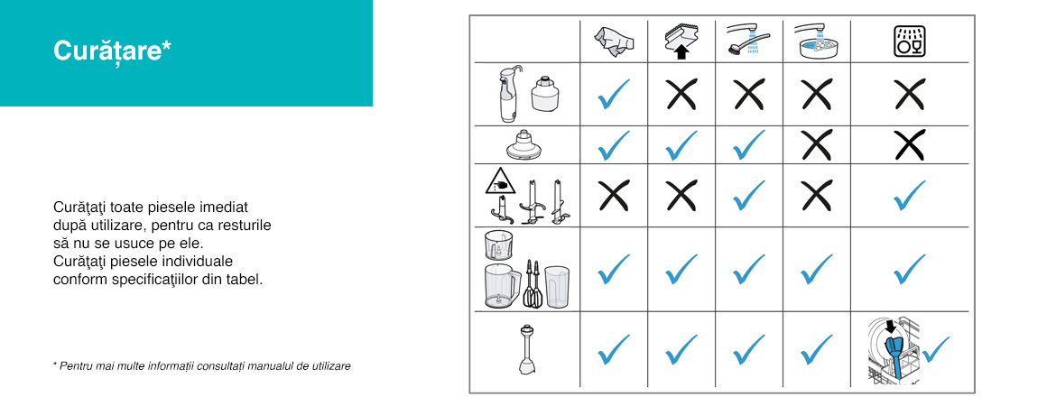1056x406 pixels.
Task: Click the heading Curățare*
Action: tap(112, 51)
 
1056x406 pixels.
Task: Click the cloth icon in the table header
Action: tap(615, 42)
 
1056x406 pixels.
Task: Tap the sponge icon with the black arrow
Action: tap(681, 42)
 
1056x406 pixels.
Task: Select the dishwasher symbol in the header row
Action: tap(909, 42)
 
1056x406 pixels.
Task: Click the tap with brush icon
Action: tap(748, 40)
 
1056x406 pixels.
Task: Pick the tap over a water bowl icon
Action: tap(816, 40)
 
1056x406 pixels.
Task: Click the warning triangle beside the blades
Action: tap(500, 181)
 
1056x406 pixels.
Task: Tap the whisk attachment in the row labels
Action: tap(533, 283)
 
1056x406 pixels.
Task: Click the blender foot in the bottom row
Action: tap(527, 349)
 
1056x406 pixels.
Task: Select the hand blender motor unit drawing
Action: tap(507, 93)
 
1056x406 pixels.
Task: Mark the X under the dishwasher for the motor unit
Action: tap(909, 94)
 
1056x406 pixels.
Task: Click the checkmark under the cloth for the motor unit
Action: tap(614, 94)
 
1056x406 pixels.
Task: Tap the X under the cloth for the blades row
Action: tap(614, 196)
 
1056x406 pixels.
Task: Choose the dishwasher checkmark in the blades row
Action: tap(909, 196)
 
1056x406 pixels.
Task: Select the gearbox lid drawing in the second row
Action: tap(523, 144)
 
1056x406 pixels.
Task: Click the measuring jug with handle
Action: tap(503, 286)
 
